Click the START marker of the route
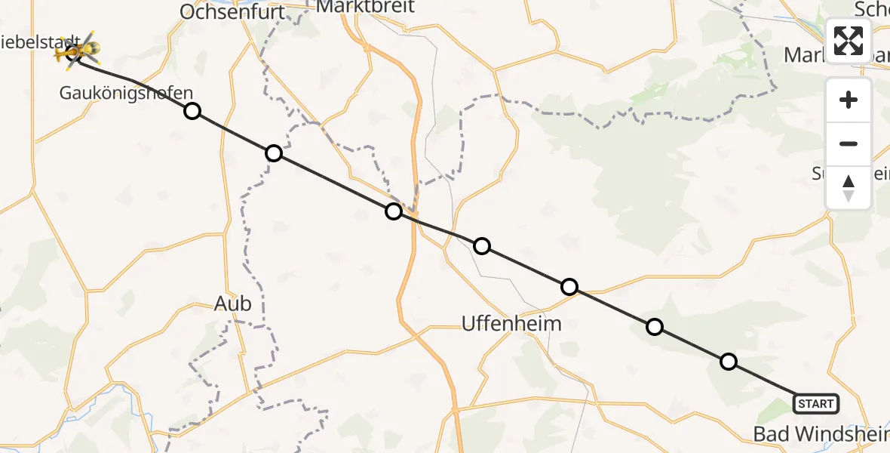click(x=815, y=404)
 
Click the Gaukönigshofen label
click(x=127, y=93)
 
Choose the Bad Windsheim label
click(x=821, y=433)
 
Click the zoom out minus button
click(x=849, y=143)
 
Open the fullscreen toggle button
click(x=849, y=41)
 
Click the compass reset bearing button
click(x=849, y=188)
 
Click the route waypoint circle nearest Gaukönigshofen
click(x=192, y=111)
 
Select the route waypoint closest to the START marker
click(x=729, y=362)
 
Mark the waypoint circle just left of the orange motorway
click(x=393, y=211)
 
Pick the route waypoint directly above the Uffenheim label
click(x=482, y=246)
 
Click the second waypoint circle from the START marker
click(x=655, y=327)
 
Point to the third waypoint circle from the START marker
click(x=569, y=287)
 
